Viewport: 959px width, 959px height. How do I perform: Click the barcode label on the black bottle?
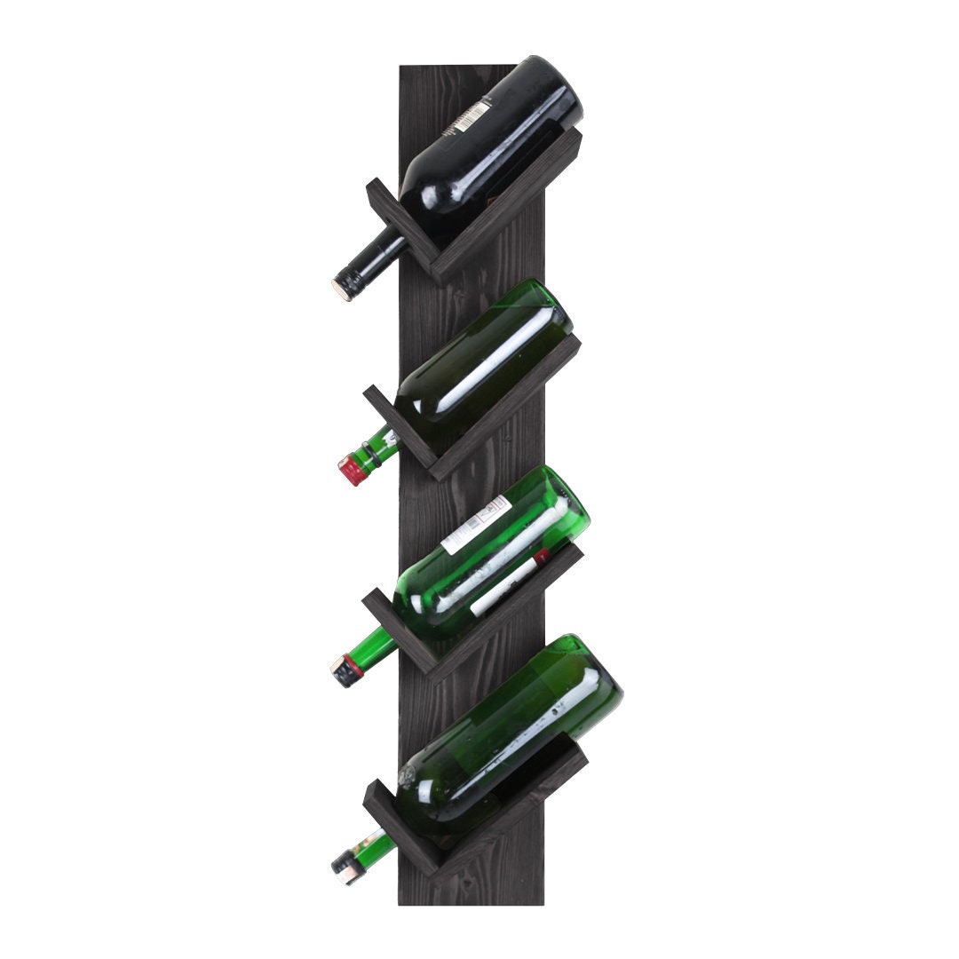tap(468, 116)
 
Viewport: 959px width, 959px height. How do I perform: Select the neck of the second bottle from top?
tap(377, 447)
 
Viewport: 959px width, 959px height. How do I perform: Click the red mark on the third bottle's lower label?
tap(540, 558)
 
